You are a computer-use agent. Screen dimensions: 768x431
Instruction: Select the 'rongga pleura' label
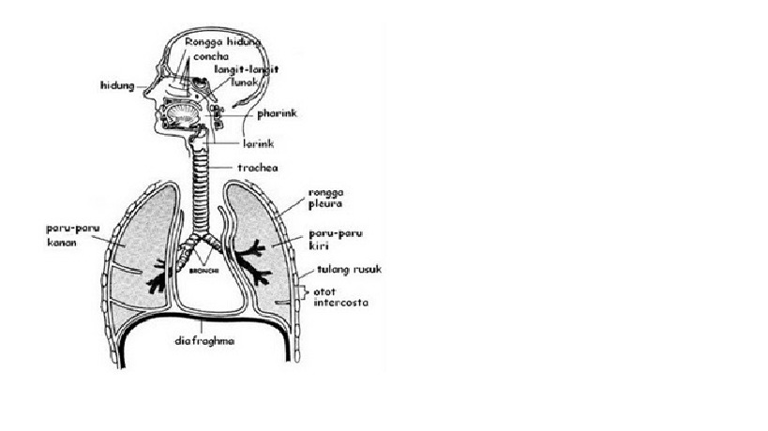325,198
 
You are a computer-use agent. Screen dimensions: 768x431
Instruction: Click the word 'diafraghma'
203,341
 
